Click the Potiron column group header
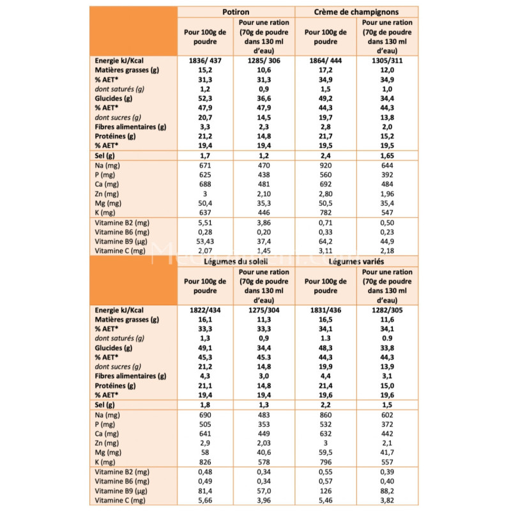(x=236, y=12)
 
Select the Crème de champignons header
(x=356, y=12)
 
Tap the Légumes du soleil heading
(x=236, y=261)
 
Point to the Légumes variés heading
(x=356, y=261)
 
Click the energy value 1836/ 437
(x=205, y=61)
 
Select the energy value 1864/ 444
(x=326, y=61)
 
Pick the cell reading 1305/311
(x=387, y=61)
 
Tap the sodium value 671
(x=205, y=165)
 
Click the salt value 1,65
(x=387, y=156)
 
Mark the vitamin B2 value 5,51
(x=205, y=223)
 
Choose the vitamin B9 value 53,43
(x=205, y=241)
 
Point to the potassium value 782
(x=326, y=213)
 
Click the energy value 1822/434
(x=205, y=310)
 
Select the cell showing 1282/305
(x=387, y=310)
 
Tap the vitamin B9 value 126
(x=326, y=491)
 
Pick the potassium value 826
(x=205, y=462)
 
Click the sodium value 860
(x=326, y=415)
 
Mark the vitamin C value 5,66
(x=205, y=500)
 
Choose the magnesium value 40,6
(x=264, y=453)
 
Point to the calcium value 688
(x=205, y=185)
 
